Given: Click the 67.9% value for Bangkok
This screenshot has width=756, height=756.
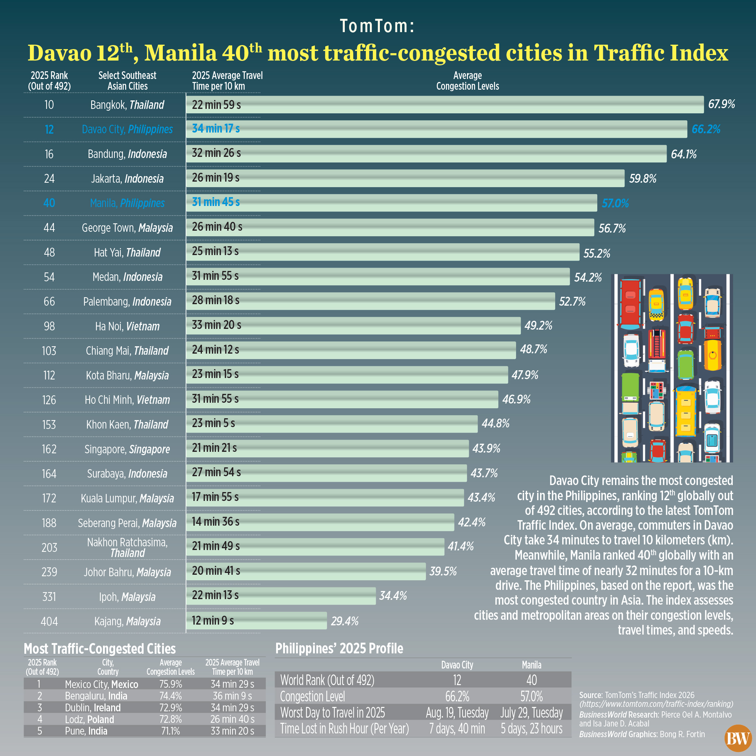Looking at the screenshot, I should pyautogui.click(x=721, y=104).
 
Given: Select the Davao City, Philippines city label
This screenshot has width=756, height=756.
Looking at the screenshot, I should pyautogui.click(x=127, y=130).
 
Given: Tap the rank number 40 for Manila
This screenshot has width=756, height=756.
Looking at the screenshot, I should pyautogui.click(x=49, y=203).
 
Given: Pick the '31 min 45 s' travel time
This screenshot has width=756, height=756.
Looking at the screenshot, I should pyautogui.click(x=216, y=202).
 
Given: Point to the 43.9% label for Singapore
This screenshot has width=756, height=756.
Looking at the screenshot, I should pyautogui.click(x=486, y=449).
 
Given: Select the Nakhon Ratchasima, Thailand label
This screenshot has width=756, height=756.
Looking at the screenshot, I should pyautogui.click(x=128, y=547).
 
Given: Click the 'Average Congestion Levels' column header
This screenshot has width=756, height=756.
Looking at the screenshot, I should pyautogui.click(x=467, y=80).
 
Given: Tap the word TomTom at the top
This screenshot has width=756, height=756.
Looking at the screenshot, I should pyautogui.click(x=377, y=26).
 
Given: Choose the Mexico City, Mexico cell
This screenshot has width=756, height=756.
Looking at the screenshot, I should pyautogui.click(x=102, y=684).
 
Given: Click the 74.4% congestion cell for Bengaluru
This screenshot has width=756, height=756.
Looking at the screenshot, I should pyautogui.click(x=171, y=696).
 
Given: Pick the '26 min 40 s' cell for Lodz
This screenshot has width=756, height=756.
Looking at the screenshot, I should pyautogui.click(x=232, y=719).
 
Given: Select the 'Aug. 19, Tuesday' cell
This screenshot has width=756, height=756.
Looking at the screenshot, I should pyautogui.click(x=457, y=713).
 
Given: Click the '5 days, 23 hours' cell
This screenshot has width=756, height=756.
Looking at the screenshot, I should pyautogui.click(x=532, y=729).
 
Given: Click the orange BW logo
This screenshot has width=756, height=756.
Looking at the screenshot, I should pyautogui.click(x=738, y=738).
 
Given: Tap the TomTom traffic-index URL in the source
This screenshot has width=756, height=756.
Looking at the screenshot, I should pyautogui.click(x=656, y=704).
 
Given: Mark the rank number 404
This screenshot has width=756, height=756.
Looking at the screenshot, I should pyautogui.click(x=49, y=621).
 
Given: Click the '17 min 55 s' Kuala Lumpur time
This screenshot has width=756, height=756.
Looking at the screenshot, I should pyautogui.click(x=215, y=497).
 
